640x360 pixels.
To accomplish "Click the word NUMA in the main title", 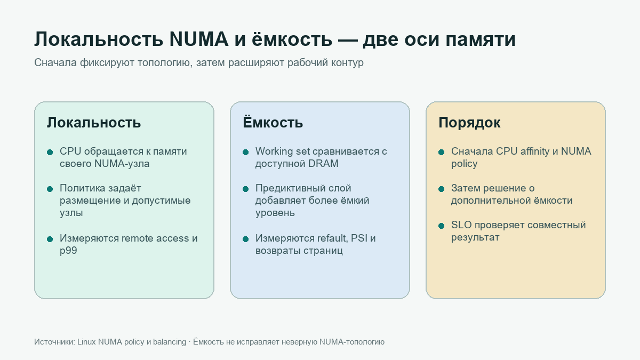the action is click(x=199, y=39).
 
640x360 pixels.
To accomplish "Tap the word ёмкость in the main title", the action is click(x=292, y=39).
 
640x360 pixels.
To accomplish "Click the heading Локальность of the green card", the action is click(x=94, y=123).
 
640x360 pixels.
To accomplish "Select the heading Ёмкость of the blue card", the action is click(x=273, y=122).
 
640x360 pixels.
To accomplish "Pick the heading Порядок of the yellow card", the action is click(x=469, y=123).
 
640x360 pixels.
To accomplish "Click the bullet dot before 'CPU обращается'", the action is click(x=50, y=153).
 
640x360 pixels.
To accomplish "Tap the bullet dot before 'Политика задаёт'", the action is click(x=50, y=189).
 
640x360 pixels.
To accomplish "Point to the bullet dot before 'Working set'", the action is click(x=245, y=153).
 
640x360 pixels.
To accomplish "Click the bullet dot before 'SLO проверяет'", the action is click(x=441, y=226).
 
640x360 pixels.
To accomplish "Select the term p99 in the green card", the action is click(x=68, y=251).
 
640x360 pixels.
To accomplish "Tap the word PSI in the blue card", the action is click(x=359, y=238).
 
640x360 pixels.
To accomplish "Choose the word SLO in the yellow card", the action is click(x=461, y=225).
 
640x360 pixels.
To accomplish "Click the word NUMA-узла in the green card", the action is click(x=122, y=164).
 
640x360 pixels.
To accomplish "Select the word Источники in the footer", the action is click(x=54, y=342).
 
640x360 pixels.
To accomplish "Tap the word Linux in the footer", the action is click(x=86, y=342).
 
